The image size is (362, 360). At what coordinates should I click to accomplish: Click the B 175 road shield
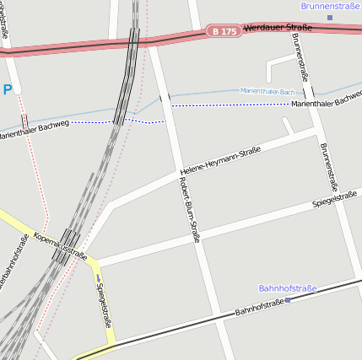pos(224,31)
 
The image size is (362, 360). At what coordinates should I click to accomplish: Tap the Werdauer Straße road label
pos(277,28)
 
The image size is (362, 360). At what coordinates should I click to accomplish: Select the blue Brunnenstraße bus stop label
pos(330,6)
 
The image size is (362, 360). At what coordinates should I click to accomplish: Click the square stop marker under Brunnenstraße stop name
pos(330,17)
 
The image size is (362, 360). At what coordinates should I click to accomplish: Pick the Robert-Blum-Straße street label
pos(190,208)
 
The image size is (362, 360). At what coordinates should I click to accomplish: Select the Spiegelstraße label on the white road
pos(335,199)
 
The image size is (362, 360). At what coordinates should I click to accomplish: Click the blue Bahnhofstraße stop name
pos(287,288)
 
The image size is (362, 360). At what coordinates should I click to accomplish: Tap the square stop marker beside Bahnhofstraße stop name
pos(288,299)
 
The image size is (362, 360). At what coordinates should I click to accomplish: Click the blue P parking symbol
pos(8,89)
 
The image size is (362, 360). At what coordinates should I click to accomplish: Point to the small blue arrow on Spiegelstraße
pos(98,278)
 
